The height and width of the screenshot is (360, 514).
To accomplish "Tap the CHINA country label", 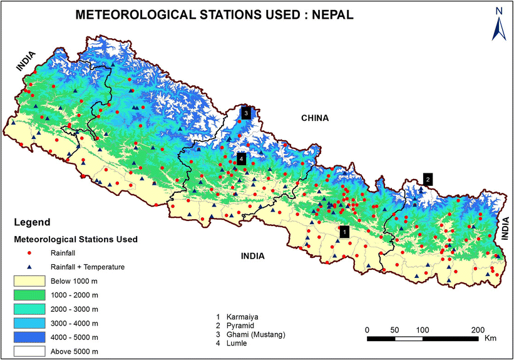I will [315, 118].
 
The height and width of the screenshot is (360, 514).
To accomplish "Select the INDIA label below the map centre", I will [250, 256].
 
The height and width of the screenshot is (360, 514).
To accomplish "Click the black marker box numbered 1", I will [342, 232].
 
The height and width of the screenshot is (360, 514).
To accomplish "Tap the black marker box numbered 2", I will [428, 178].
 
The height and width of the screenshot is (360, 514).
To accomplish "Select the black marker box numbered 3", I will [246, 113].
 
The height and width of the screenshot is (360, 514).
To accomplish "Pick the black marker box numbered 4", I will [240, 158].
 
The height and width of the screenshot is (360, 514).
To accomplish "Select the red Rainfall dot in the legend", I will [29, 253].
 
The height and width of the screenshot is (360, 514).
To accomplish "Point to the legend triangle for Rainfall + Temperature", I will [29, 267].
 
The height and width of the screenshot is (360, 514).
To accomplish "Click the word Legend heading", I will [32, 222].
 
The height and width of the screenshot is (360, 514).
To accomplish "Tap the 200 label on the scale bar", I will [478, 329].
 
